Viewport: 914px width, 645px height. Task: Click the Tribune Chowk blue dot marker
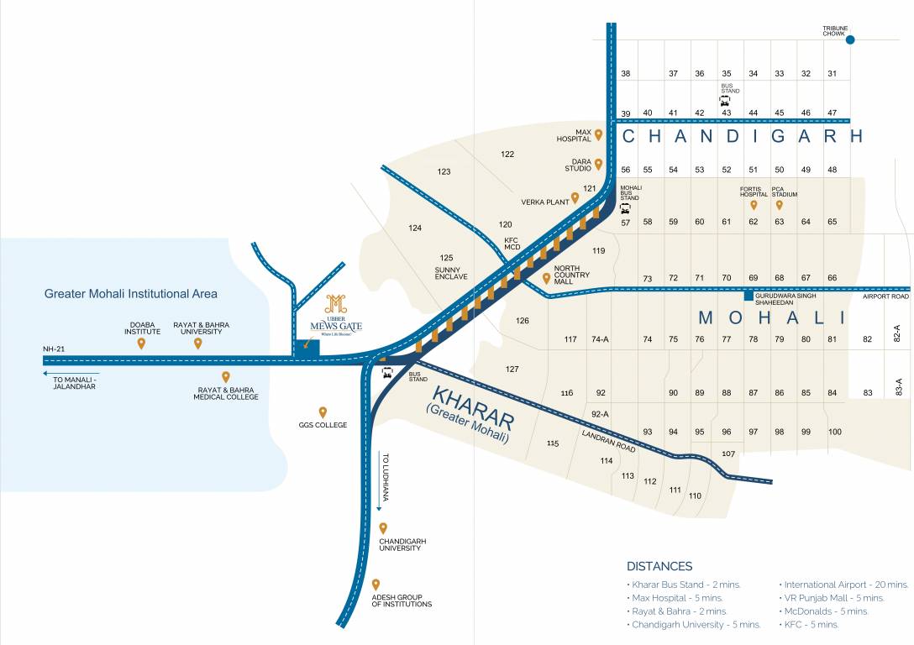850,39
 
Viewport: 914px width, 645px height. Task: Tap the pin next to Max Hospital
598,134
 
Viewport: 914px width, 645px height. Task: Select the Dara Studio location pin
598,164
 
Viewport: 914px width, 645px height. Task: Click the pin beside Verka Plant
575,198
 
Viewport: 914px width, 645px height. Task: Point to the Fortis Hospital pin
754,204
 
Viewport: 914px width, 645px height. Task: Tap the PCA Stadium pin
780,204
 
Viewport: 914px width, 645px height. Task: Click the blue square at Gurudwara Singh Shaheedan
748,296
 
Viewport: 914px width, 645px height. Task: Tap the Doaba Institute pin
141,343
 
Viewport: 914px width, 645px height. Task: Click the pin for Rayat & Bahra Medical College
225,377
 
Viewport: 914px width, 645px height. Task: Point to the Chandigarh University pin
383,528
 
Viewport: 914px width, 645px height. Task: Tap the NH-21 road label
54,349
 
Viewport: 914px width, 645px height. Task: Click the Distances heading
659,566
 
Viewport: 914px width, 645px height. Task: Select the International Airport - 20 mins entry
846,585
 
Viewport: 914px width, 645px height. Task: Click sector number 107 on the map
728,454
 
